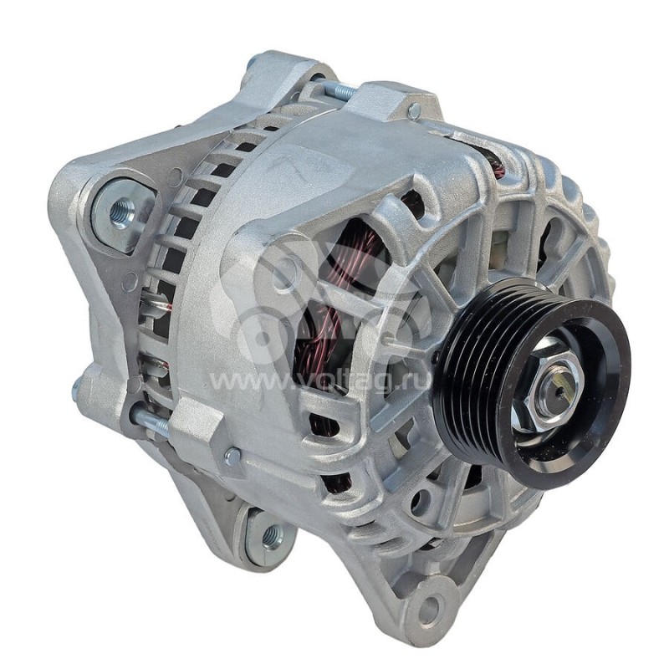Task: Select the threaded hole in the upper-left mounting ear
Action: (122, 212)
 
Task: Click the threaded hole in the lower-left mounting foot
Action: (273, 534)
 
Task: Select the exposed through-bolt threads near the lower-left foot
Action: (151, 421)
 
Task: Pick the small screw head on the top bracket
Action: (414, 110)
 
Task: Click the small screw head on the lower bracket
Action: (232, 456)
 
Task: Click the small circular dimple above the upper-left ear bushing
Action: (176, 176)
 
